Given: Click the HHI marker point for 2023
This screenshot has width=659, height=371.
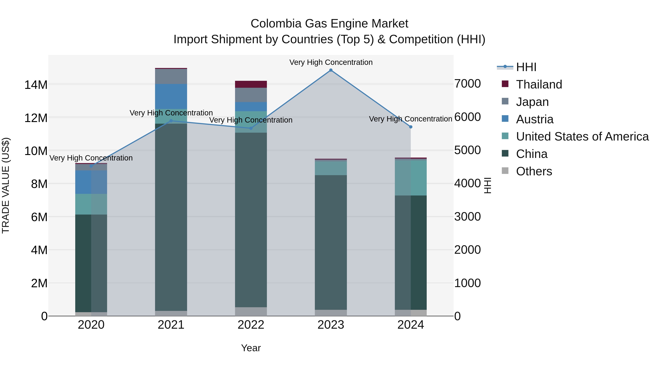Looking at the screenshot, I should [x=331, y=70].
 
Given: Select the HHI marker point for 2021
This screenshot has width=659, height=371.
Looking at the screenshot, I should [x=171, y=121].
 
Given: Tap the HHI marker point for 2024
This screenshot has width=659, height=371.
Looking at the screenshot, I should [x=411, y=127].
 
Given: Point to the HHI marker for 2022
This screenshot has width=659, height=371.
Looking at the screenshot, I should [x=251, y=128].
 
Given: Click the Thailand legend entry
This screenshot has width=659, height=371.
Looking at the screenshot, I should [x=539, y=84].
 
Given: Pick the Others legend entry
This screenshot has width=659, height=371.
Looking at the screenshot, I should [x=534, y=171].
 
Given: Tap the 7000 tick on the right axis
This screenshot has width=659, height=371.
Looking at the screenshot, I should [x=467, y=84].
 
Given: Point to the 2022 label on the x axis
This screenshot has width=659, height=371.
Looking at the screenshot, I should [x=251, y=325].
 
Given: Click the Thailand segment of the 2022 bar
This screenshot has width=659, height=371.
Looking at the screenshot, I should [x=251, y=84].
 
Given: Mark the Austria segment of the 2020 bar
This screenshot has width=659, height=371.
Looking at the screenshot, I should [x=91, y=182].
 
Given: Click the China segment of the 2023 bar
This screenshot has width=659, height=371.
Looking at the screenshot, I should [x=331, y=242].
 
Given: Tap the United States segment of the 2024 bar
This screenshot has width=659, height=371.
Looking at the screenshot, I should [x=411, y=178].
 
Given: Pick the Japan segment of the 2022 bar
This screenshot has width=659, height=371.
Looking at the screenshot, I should [x=251, y=95].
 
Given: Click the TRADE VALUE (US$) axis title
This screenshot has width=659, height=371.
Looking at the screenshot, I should [x=6, y=185].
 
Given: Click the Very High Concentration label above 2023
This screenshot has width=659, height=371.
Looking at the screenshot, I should [x=331, y=62].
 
